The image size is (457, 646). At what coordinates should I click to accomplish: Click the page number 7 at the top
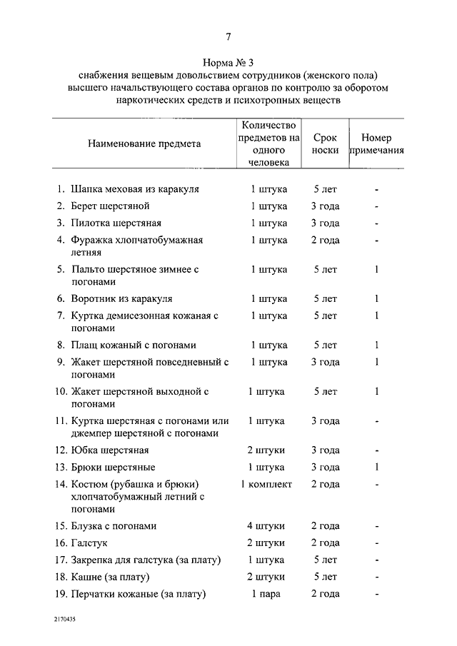point(228,37)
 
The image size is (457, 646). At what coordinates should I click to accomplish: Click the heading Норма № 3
point(228,63)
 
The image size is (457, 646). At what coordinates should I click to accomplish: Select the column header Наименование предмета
point(144,143)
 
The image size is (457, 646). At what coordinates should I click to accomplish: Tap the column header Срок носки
point(325,144)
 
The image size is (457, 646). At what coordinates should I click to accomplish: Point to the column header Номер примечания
point(376,144)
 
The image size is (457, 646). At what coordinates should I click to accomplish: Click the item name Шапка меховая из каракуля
point(134,189)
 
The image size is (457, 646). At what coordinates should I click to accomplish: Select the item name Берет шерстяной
point(110,206)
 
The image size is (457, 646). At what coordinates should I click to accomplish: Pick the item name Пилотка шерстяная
point(116,223)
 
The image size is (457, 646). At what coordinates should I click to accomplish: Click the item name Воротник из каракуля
point(121,298)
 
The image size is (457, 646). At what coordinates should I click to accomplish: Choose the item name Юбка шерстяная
point(109,450)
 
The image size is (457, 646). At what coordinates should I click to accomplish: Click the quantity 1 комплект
point(266,484)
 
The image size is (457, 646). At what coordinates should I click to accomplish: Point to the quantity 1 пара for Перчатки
point(266,594)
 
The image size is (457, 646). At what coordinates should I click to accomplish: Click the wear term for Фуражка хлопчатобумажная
point(325,240)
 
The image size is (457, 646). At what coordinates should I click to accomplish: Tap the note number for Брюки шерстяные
point(376,467)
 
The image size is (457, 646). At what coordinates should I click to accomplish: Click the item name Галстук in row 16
point(89,542)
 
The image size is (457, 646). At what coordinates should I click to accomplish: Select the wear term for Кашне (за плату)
point(325,577)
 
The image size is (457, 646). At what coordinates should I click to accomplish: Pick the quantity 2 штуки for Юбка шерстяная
point(266,450)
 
